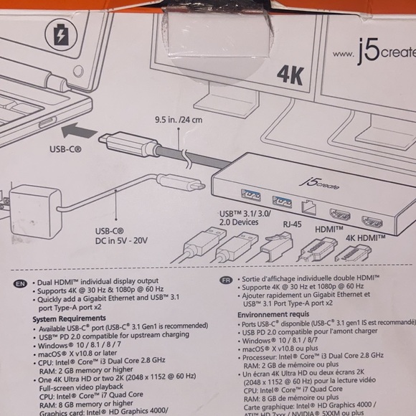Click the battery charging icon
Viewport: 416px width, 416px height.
[x=60, y=34]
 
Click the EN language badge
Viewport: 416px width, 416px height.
[x=19, y=285]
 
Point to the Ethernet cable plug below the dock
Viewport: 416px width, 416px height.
[x=275, y=247]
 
